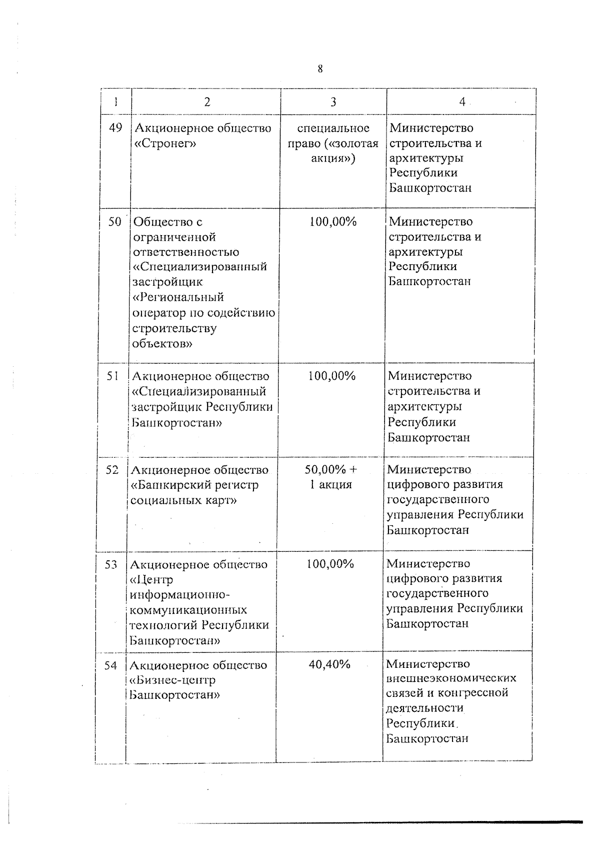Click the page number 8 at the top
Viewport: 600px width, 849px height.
click(x=320, y=69)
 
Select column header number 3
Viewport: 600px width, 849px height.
click(x=333, y=102)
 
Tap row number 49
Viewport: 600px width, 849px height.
click(x=115, y=128)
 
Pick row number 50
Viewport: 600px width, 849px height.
click(x=115, y=221)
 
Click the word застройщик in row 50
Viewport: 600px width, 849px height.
click(x=164, y=282)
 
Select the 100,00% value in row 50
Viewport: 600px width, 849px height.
click(x=333, y=221)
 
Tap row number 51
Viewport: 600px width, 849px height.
click(x=113, y=376)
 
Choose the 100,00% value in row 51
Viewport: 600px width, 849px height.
click(x=331, y=376)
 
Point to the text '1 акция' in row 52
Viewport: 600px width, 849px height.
click(x=330, y=485)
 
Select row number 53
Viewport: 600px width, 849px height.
click(x=111, y=565)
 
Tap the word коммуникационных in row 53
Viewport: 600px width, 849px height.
click(x=188, y=610)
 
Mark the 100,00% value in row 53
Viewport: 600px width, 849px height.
click(x=330, y=564)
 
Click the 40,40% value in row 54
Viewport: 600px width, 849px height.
click(x=329, y=664)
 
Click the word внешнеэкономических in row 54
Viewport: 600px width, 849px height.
click(x=451, y=678)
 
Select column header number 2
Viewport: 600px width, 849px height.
click(x=207, y=102)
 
